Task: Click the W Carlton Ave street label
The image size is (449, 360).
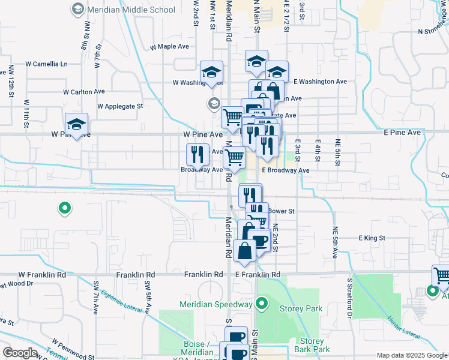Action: (x=84, y=92)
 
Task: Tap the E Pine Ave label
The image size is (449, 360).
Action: (x=402, y=132)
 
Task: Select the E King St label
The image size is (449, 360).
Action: (x=372, y=238)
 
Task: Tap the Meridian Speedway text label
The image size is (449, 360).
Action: (x=215, y=304)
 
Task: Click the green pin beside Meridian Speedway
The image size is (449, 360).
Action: (x=261, y=305)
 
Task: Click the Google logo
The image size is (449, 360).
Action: (x=20, y=352)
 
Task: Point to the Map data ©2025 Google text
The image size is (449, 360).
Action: (x=412, y=355)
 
